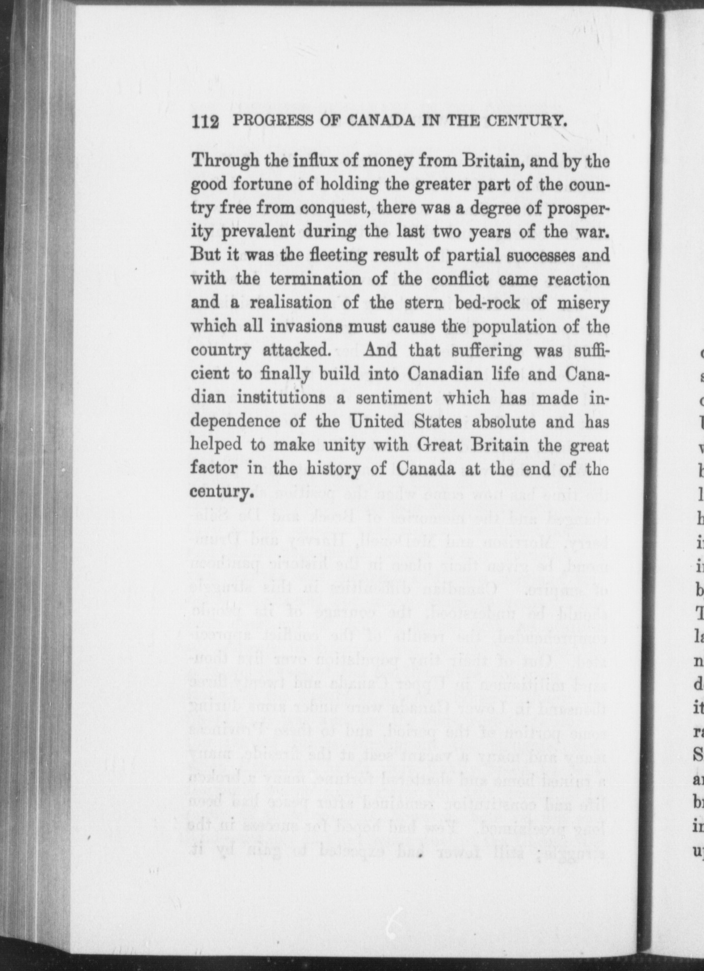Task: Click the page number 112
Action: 205,121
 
